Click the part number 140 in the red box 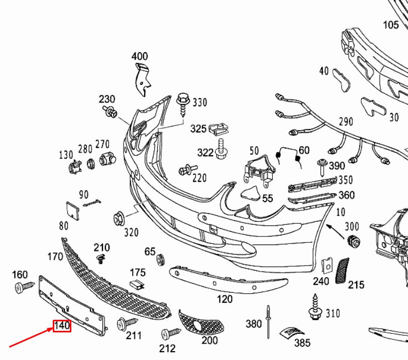tap(62, 326)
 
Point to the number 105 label tap(391, 25)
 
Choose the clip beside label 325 tap(217, 129)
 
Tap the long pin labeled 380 tap(269, 321)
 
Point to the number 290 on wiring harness tap(346, 122)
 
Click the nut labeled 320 tap(120, 219)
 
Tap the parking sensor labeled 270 tap(105, 160)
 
